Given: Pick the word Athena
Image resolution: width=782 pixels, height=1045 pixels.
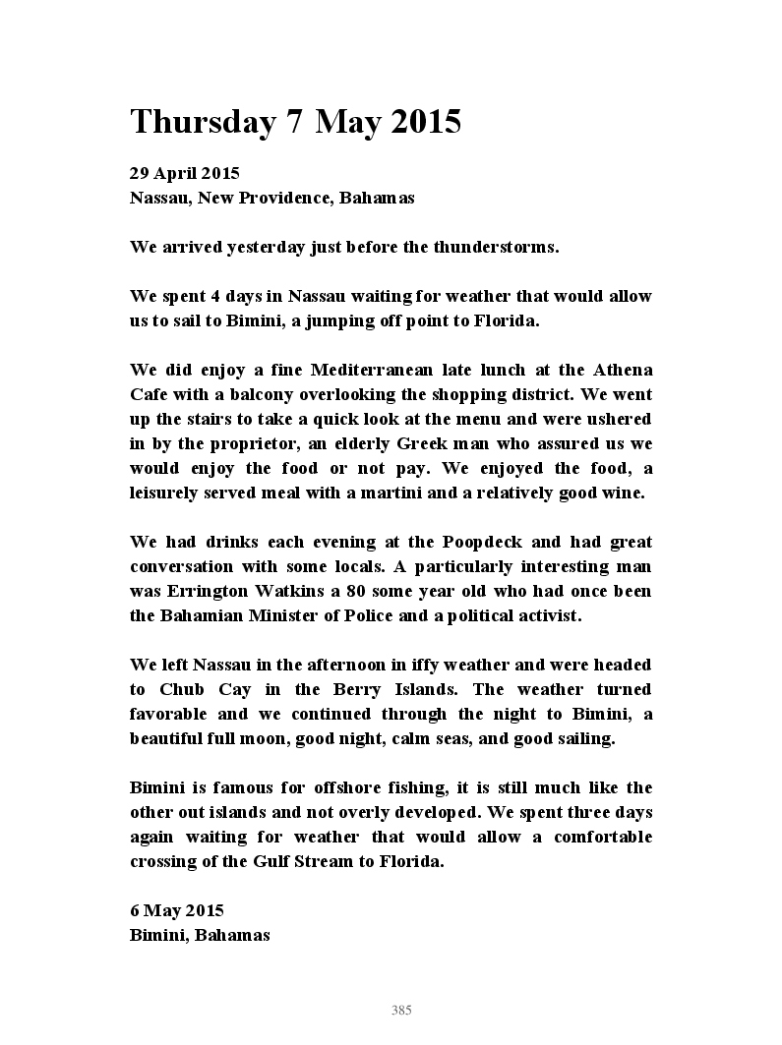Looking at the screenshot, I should tap(622, 370).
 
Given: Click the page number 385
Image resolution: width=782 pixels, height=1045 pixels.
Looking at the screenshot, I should tap(401, 1010).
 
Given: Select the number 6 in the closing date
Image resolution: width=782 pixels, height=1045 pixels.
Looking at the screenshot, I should tap(135, 910).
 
